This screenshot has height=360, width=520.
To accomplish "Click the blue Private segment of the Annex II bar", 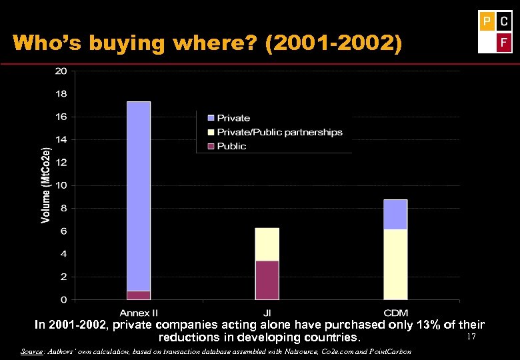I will point(139,196).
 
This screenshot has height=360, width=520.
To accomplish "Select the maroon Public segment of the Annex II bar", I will point(139,295).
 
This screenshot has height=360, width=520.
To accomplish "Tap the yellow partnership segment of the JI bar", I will point(267,244).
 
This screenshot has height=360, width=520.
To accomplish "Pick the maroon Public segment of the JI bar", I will point(267,280).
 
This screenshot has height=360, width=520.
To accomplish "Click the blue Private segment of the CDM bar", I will point(395,214).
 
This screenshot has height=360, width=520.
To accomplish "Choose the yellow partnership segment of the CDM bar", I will point(395,264).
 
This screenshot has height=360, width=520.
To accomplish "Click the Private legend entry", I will point(233,118).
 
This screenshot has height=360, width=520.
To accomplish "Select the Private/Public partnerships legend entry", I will point(279,132).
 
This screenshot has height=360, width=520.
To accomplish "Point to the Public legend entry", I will point(231,146).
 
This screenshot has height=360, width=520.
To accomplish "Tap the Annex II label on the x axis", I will point(139,313).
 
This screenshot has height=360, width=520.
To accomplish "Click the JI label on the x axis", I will point(267,313).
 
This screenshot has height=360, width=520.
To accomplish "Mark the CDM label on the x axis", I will point(395,313).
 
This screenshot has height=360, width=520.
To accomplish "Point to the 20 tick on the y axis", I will point(61,71).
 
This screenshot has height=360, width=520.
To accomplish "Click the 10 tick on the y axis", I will point(61,185).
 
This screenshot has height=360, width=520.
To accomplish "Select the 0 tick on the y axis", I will point(63,299).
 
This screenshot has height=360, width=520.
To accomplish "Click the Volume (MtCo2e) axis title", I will point(45,176).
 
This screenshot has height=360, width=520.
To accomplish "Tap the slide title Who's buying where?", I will point(207,43).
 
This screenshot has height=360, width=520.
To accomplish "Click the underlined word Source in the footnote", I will point(32,351).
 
